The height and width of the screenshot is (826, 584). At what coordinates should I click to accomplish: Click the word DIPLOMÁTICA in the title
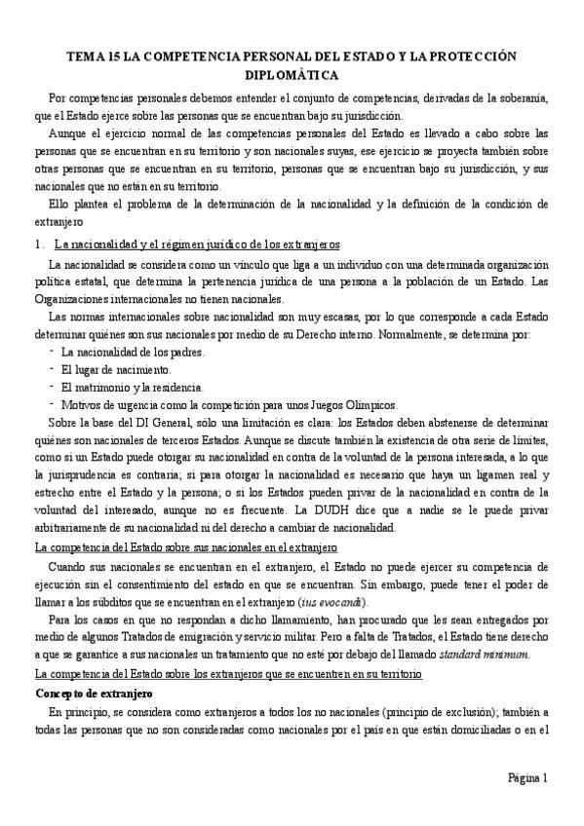tap(292, 73)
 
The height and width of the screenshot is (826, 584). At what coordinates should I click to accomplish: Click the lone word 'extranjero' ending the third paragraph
tap(60, 221)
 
